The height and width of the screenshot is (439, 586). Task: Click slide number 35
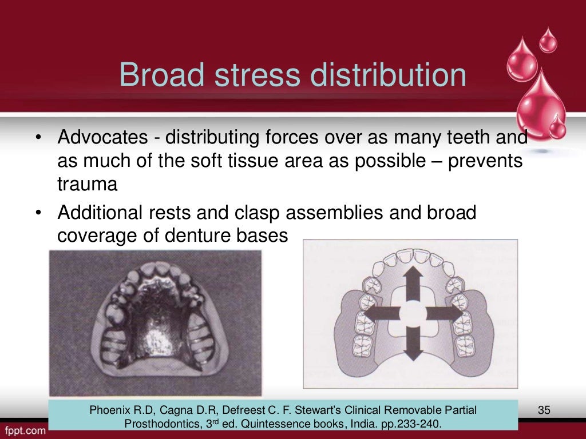coord(544,410)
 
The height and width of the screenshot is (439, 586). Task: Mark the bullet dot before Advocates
coord(37,139)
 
